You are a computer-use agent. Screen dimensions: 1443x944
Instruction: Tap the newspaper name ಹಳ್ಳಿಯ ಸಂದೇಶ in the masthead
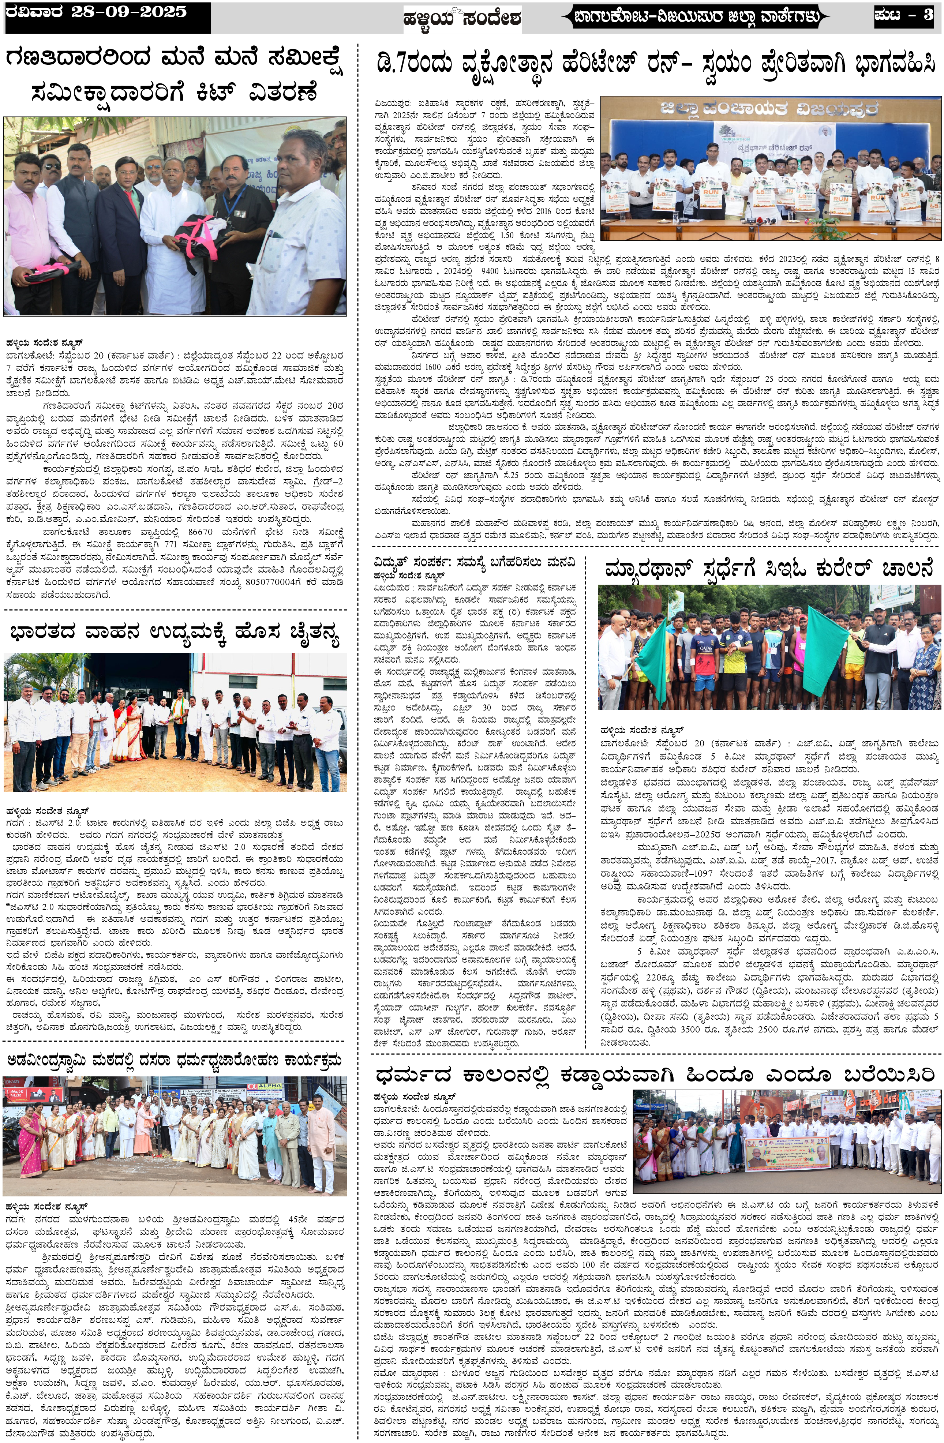coord(462,19)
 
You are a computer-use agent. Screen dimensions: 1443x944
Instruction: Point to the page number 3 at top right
coord(928,15)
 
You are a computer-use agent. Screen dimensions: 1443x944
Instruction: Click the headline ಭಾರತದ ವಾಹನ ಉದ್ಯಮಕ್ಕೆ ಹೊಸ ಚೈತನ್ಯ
coord(175,634)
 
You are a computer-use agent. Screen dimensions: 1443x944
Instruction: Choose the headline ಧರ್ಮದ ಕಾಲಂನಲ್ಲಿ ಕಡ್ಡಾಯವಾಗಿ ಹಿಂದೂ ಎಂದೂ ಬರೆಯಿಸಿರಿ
coord(655,1076)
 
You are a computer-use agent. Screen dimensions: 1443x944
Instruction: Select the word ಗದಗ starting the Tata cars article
coord(15,823)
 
